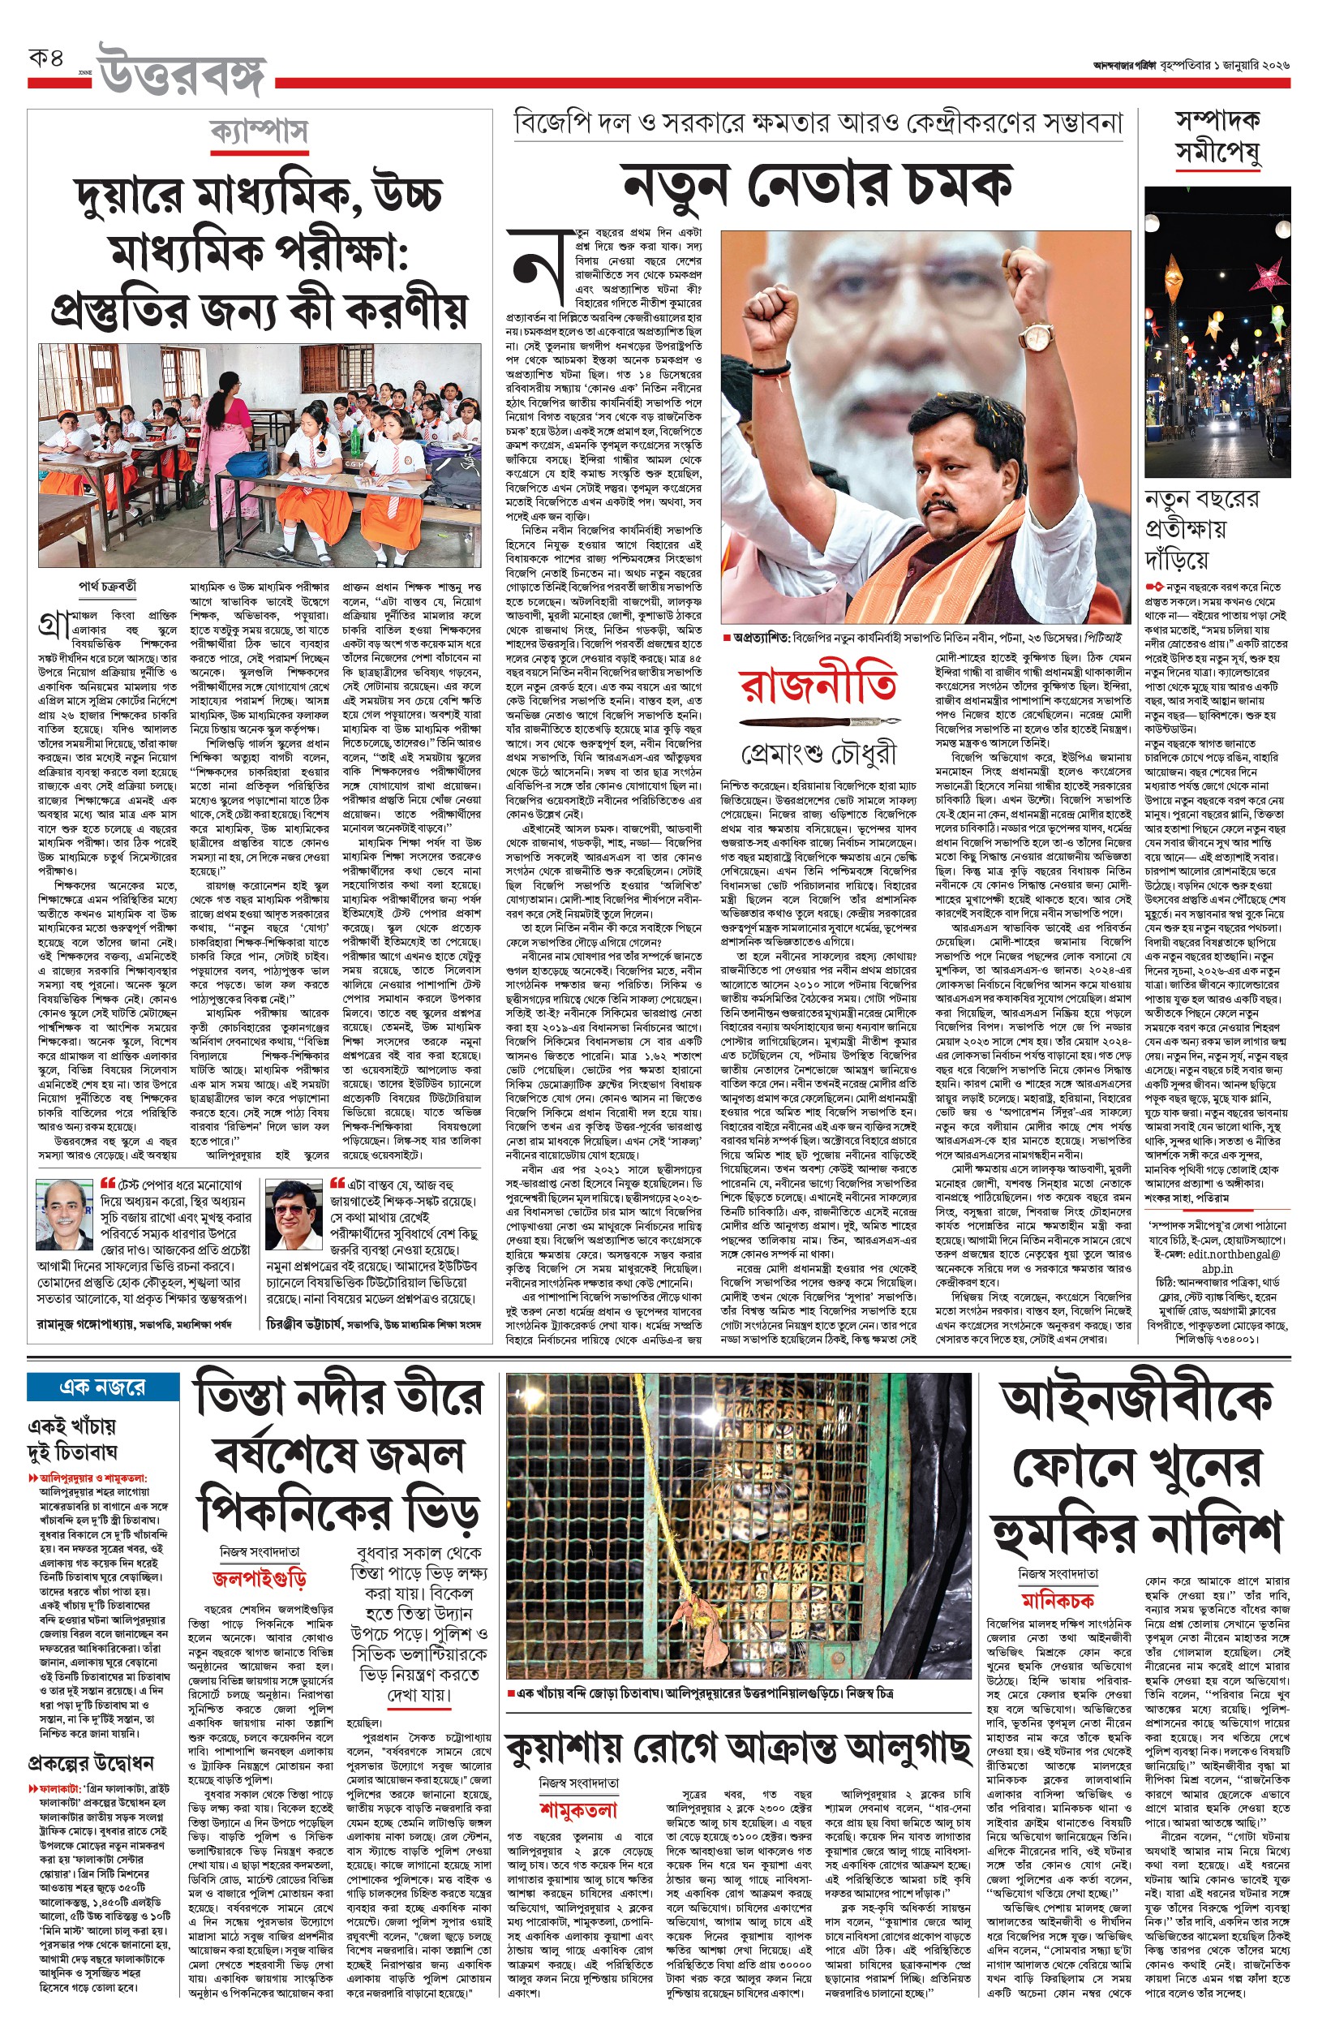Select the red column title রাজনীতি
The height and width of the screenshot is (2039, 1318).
point(819,685)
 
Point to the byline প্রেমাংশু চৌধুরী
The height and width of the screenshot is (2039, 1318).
point(819,753)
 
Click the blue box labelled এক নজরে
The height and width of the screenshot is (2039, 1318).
point(103,1387)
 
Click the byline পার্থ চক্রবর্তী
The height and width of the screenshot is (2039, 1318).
point(107,587)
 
